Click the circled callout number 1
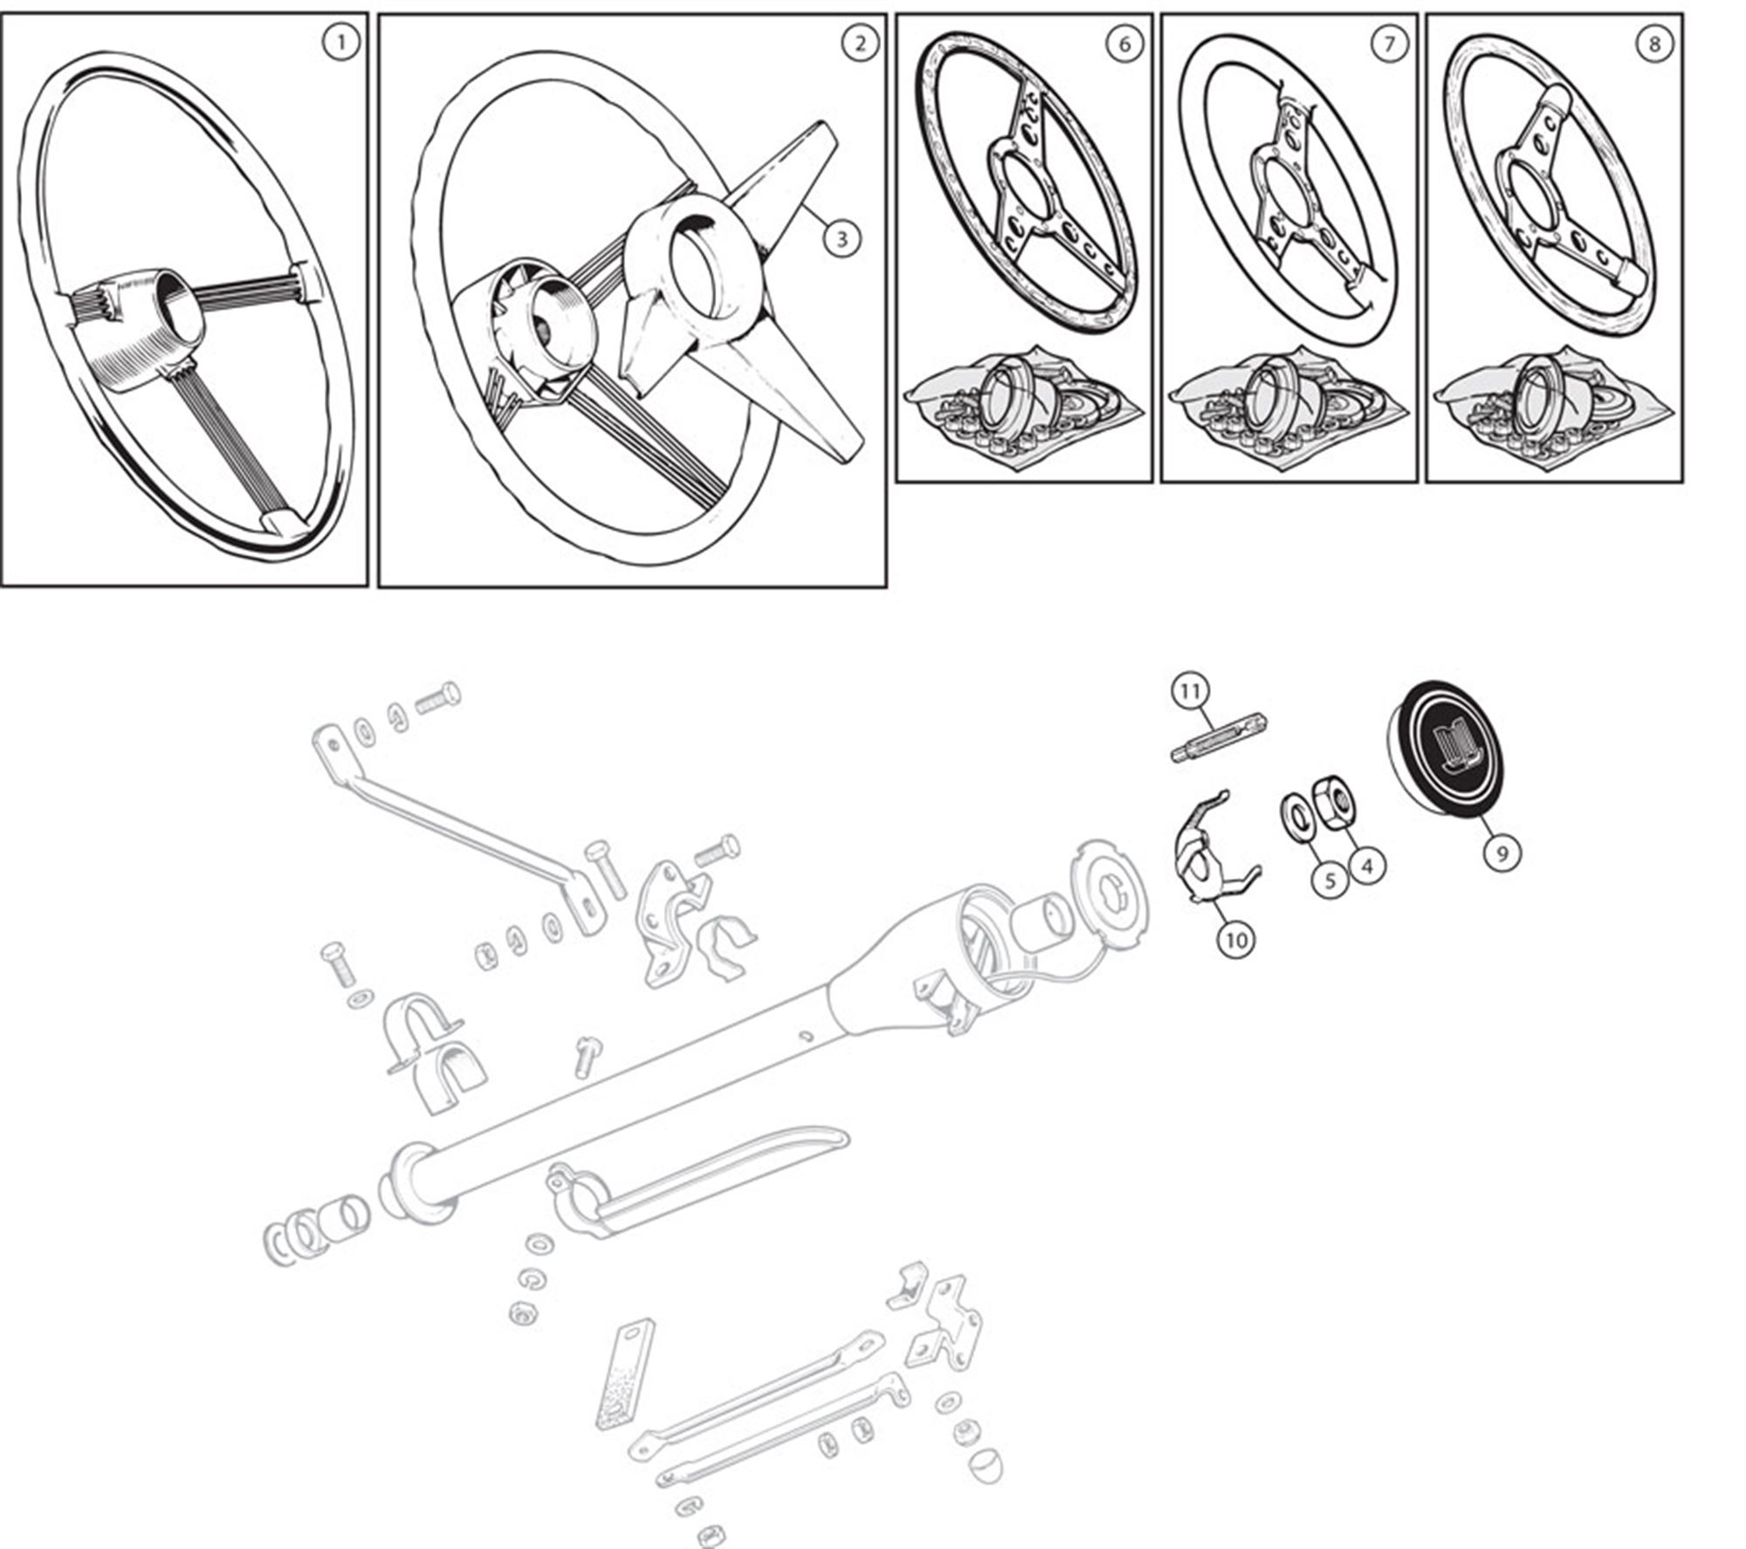coord(341,42)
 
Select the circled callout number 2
coord(860,42)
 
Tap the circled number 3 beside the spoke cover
coord(842,237)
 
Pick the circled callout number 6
coord(1124,44)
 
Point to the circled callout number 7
coord(1390,44)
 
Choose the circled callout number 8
coord(1654,44)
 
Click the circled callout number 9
coord(1502,852)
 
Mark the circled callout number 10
coord(1236,939)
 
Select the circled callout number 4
coord(1366,866)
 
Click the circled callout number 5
coord(1330,880)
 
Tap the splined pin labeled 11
coord(1220,737)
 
